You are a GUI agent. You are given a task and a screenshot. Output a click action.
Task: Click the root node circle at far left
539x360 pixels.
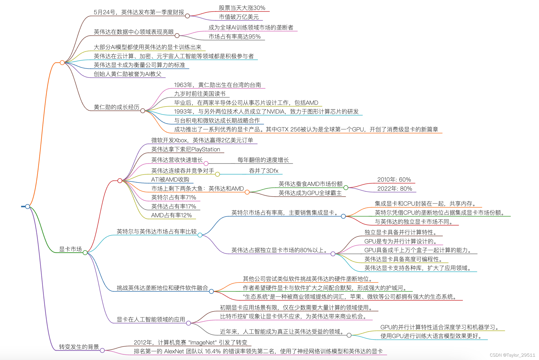click(x=27, y=206)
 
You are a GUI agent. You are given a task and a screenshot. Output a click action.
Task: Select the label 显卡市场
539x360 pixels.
click(x=70, y=249)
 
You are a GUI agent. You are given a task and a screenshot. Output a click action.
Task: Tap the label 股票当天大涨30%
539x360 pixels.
click(x=242, y=8)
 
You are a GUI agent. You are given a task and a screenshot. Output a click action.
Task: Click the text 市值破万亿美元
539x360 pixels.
click(x=239, y=17)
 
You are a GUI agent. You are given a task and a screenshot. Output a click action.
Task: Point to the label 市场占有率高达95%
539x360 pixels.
click(x=235, y=37)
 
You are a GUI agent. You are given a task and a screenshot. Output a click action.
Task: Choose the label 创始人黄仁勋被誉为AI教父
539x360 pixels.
click(x=128, y=74)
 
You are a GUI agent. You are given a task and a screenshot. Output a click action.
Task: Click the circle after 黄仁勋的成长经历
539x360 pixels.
click(x=143, y=111)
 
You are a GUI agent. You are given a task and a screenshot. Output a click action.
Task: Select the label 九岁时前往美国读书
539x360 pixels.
click(x=200, y=94)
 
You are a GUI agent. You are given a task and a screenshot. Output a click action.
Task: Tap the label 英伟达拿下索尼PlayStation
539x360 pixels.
click(x=185, y=149)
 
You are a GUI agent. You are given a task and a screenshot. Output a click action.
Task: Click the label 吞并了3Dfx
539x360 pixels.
click(x=263, y=171)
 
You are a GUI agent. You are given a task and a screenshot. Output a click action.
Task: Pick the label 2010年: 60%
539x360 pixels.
click(x=394, y=180)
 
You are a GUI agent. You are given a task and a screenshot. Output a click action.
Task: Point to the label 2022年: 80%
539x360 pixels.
click(x=394, y=189)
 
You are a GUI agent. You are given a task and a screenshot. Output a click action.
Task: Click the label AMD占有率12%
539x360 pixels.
click(x=171, y=215)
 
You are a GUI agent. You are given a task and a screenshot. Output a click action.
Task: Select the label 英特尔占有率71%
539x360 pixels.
click(x=174, y=198)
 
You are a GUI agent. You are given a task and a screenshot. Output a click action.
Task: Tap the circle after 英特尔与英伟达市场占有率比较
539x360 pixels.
click(x=200, y=235)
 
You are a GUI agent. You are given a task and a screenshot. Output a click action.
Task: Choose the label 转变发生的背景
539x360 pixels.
click(x=79, y=347)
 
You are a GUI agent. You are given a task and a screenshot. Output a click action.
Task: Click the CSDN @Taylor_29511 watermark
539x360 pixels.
click(x=512, y=355)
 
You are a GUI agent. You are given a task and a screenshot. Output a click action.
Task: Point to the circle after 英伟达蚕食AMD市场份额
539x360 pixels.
click(x=346, y=187)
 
